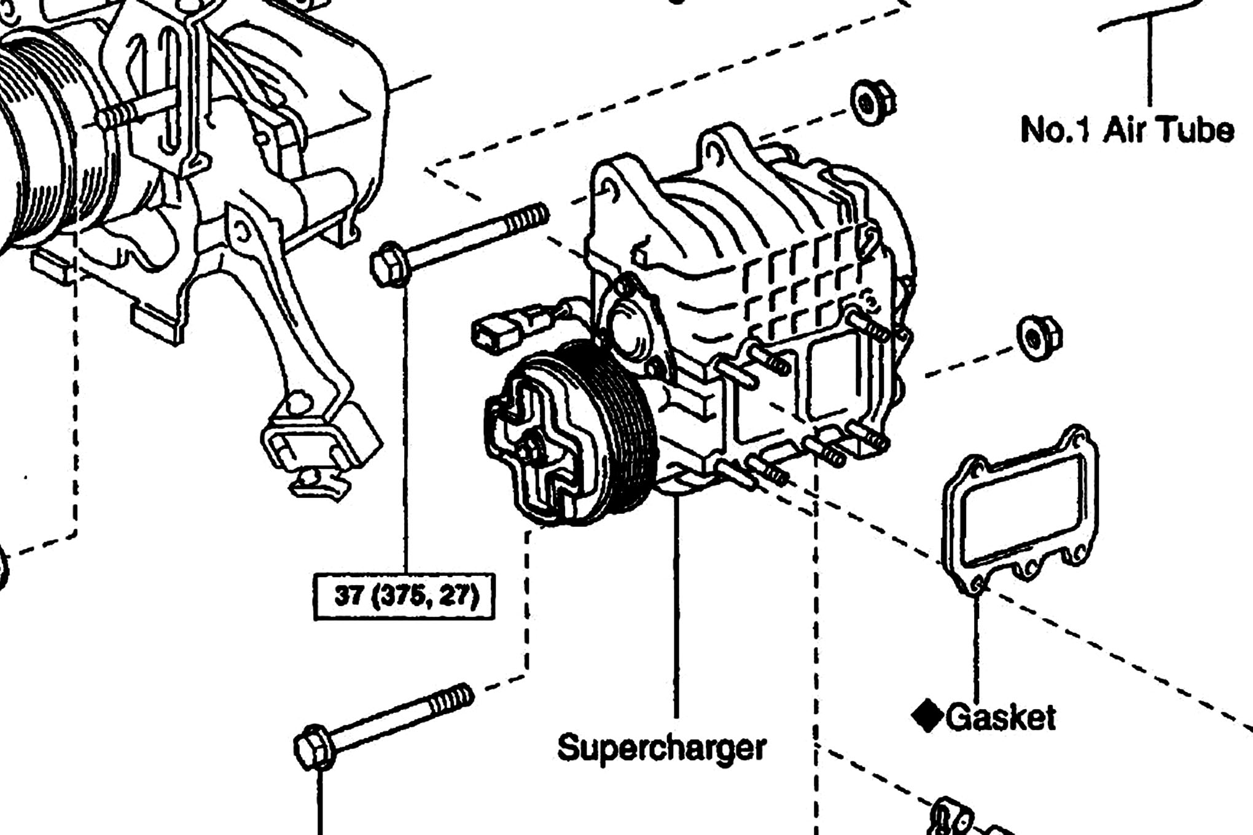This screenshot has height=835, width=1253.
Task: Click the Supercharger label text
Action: coord(662,748)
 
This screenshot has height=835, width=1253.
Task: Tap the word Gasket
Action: coord(1001,717)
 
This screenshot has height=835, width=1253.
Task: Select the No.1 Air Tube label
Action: coord(1127,130)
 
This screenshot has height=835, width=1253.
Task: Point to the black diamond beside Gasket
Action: coord(927,717)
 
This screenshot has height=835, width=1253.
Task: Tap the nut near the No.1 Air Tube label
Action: coord(872,103)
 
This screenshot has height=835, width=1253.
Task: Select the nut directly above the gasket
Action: coord(1039,338)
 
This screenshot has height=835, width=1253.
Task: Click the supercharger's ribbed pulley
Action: coord(608,430)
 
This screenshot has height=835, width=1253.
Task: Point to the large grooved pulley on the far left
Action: coord(37,141)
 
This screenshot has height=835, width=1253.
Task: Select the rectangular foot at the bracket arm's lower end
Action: coord(319,442)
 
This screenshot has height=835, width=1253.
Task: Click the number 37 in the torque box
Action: coord(348,595)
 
